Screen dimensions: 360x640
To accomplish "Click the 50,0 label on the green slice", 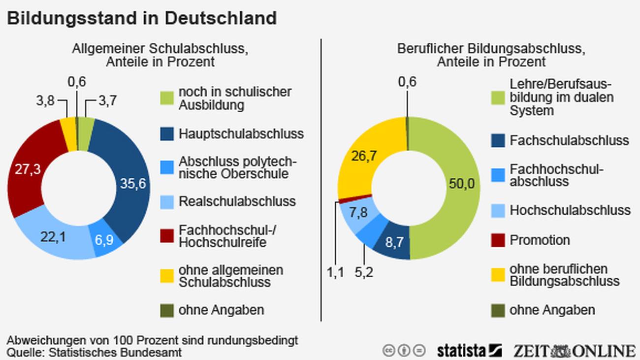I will [461, 184].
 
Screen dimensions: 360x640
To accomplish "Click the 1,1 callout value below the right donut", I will [336, 272].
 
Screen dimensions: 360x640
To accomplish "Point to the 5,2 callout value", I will [364, 272].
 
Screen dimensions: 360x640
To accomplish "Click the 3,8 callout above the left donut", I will [46, 101].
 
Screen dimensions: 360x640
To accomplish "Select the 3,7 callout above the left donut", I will [107, 101].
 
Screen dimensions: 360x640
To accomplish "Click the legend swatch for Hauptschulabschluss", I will [167, 134].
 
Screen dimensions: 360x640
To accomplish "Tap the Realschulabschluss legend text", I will [237, 201].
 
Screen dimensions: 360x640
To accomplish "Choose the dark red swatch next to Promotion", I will [498, 240].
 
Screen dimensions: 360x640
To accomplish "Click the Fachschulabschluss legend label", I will [569, 140].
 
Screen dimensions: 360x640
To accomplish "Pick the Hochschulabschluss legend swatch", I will [498, 211].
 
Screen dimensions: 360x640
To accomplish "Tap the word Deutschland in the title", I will [220, 18].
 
